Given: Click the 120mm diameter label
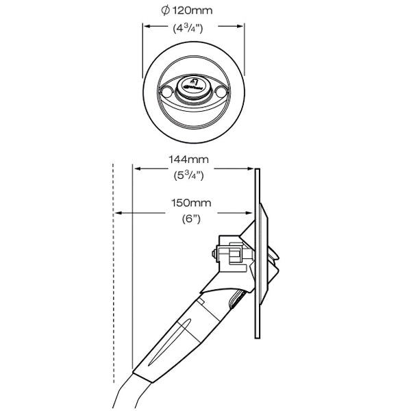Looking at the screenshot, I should coord(194,11).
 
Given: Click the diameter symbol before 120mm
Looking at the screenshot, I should coord(164,11).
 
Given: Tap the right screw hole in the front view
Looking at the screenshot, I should coord(221,90).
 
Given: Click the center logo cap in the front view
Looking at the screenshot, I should coord(194,87).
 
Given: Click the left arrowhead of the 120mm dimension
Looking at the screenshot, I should coord(146,27).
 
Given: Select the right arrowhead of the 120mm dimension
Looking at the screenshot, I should coord(241,27).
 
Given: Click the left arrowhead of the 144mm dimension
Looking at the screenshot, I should coord(135,169).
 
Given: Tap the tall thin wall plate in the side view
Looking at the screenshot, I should coord(257,253).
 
